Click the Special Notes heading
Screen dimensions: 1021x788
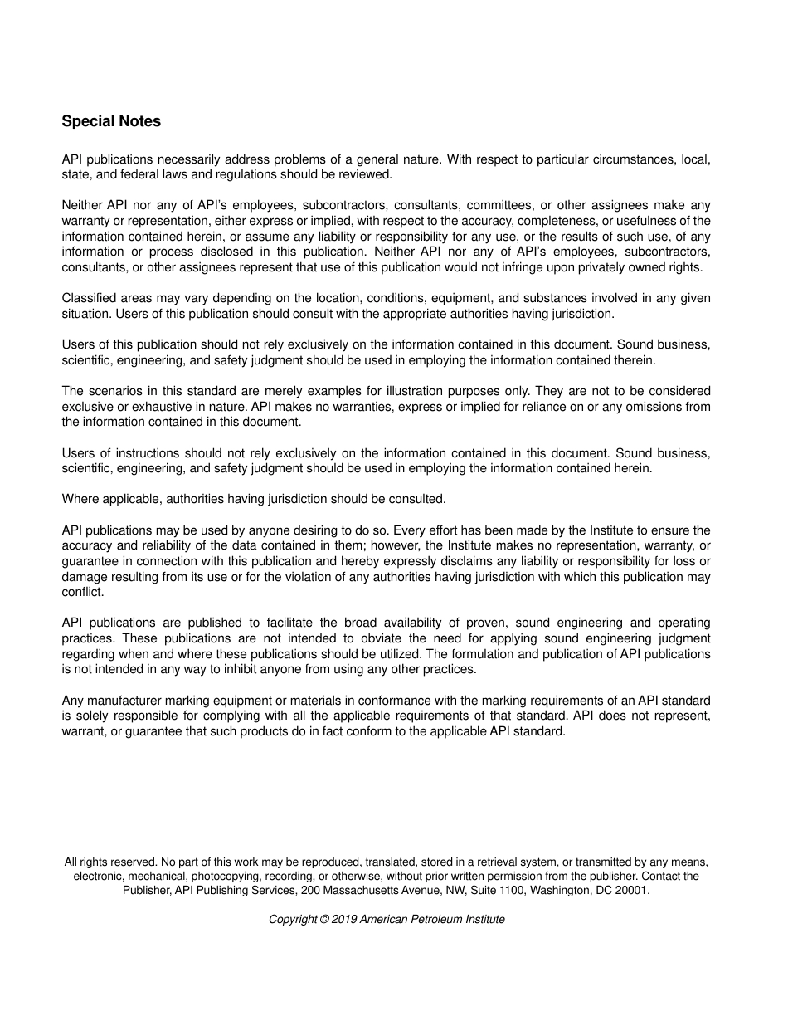point(111,121)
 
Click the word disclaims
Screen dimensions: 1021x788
point(436,561)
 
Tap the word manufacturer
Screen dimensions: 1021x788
point(123,701)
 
